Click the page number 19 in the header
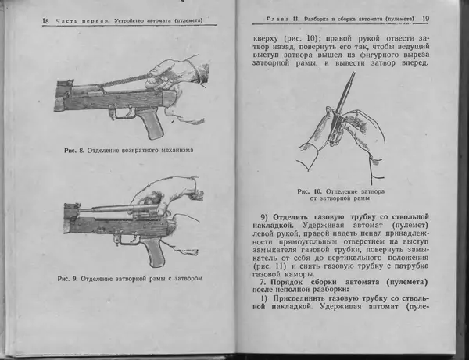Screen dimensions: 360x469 (426, 18)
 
